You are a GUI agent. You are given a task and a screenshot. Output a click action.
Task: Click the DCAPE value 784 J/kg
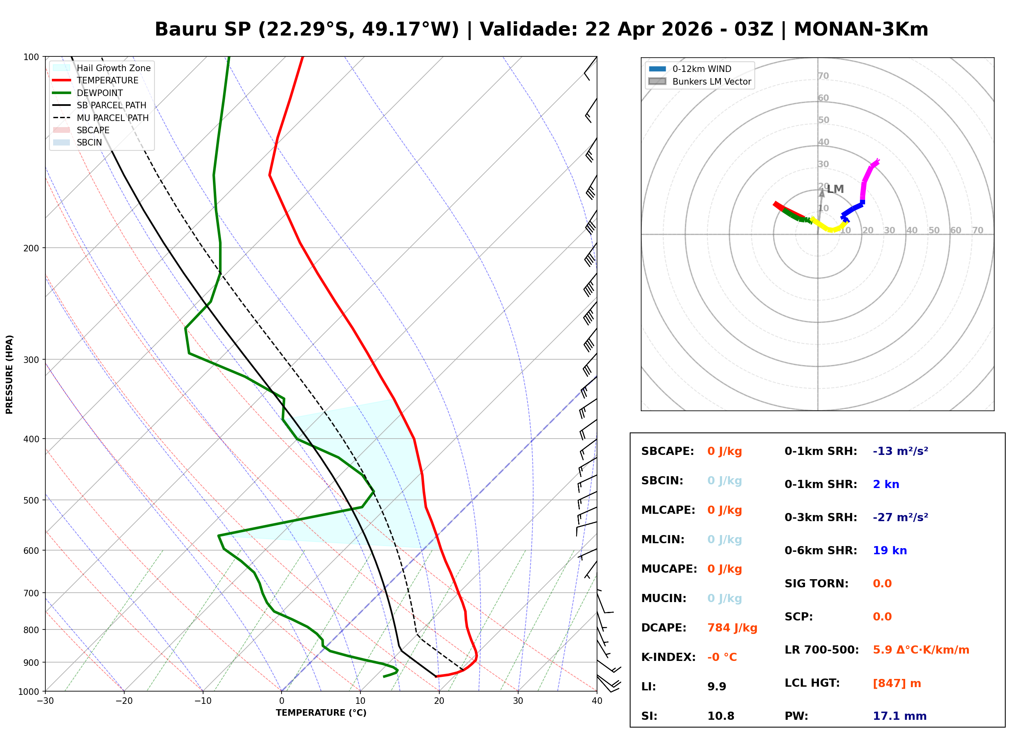coord(732,628)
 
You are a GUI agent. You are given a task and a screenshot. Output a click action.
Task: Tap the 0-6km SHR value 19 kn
coord(889,551)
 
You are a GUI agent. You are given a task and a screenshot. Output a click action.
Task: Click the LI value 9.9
coord(716,687)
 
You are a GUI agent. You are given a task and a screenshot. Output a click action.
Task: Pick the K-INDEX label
coord(668,657)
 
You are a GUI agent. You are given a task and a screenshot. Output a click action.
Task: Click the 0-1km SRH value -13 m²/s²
coord(900,451)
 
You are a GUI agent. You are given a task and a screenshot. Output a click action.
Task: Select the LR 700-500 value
coord(921,650)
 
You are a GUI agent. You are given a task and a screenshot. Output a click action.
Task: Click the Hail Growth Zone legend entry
coord(113,68)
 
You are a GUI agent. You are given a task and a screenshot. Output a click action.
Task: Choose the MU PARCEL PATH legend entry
coord(112,118)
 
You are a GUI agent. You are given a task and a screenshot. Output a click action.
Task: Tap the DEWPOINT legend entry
coord(100,93)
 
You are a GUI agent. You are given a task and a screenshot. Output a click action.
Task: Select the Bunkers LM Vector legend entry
coord(711,81)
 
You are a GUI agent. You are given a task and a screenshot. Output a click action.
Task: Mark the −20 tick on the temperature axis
coord(124,701)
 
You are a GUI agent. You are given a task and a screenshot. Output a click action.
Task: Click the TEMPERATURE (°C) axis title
coord(321,713)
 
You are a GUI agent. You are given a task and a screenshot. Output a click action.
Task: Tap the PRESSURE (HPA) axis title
coord(9,374)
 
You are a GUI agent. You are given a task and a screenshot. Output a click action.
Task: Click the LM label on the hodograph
coord(835,189)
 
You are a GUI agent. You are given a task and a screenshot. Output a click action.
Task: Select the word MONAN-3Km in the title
coord(861,29)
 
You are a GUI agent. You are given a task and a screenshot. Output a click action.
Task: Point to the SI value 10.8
coord(720,716)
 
